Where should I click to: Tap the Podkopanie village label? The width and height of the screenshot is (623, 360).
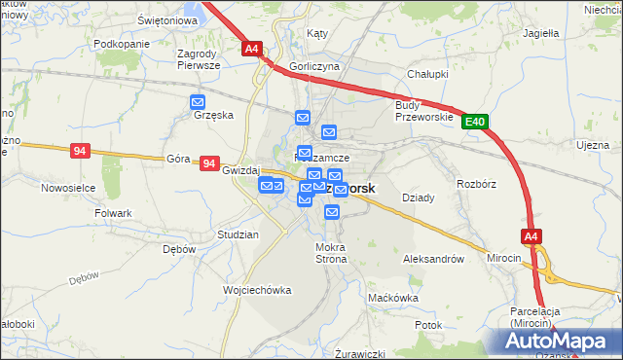[x=122, y=45]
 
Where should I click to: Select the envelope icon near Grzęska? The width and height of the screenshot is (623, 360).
[x=199, y=101]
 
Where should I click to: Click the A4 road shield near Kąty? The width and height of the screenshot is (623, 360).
[x=251, y=48]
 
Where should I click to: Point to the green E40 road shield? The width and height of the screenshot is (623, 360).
[x=474, y=122]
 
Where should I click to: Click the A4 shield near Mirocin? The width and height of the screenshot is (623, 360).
[x=531, y=236]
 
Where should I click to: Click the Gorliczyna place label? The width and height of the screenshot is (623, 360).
[x=313, y=68]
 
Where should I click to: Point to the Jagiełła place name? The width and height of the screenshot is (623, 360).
[x=540, y=32]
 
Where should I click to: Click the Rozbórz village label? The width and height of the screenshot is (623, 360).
[x=476, y=182]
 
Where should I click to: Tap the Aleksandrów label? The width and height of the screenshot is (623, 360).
[x=432, y=260]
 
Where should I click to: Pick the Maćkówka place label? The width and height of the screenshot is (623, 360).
[x=395, y=298]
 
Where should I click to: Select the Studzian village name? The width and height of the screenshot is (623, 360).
[x=238, y=235]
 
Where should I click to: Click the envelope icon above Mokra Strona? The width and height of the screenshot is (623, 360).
[x=331, y=212]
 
